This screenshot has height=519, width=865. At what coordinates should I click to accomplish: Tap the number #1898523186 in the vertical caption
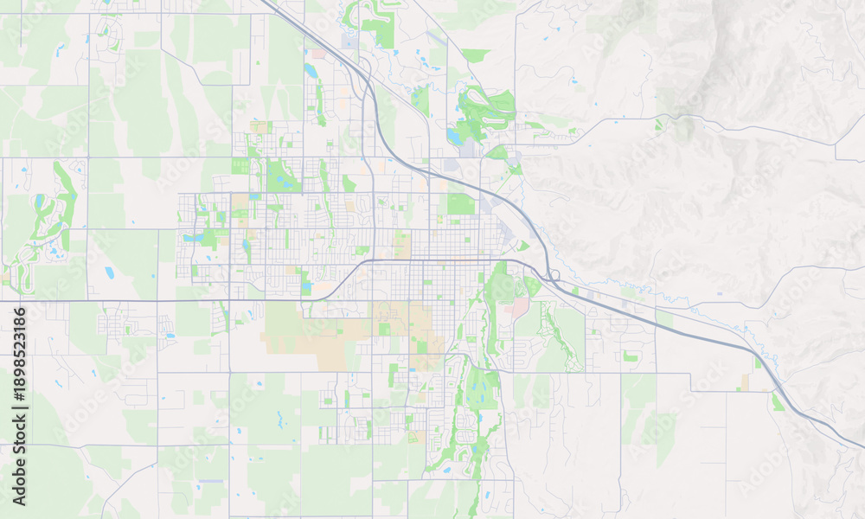[x=19, y=355]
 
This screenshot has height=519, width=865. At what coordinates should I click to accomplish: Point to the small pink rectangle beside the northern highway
[x=318, y=54]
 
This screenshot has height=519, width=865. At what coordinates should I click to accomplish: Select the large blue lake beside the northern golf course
[x=454, y=137]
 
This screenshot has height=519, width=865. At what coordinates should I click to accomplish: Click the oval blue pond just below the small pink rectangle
[x=311, y=70]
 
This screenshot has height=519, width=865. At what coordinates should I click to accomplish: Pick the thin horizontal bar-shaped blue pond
[x=210, y=480]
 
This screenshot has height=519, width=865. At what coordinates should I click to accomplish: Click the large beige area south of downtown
[x=311, y=333]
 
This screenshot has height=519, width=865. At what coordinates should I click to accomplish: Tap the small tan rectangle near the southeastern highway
[x=745, y=381]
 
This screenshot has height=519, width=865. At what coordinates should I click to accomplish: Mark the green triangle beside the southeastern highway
[x=778, y=402]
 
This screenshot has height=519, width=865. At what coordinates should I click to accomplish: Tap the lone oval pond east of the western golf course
[x=110, y=272]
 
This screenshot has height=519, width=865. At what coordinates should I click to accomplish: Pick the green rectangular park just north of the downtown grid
[x=461, y=204]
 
